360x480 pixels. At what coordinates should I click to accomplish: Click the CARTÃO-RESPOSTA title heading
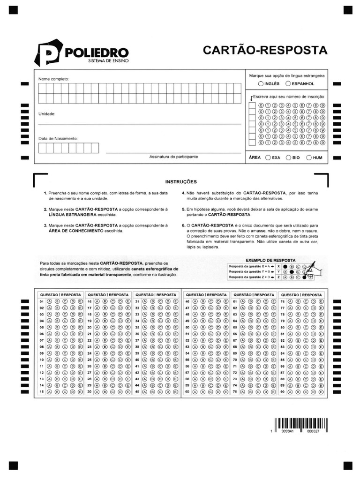pos(265,50)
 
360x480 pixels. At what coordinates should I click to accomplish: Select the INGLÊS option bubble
pos(261,83)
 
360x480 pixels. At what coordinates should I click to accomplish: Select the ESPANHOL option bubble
pos(288,83)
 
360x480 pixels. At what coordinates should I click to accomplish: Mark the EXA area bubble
pos(268,158)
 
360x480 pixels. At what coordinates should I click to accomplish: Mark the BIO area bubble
pos(288,158)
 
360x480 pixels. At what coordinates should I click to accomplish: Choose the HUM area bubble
pos(309,158)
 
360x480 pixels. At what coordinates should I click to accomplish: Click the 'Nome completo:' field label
pos(53,79)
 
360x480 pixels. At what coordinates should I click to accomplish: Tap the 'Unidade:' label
pos(47,114)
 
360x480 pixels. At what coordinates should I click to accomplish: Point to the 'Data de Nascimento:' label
pos(58,138)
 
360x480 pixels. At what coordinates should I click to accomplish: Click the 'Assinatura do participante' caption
pos(173,157)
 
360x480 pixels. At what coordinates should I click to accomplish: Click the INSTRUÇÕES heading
pos(181,182)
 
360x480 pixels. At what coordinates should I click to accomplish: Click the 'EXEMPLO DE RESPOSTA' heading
pos(270,260)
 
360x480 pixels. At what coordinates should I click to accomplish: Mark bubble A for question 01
pos(50,301)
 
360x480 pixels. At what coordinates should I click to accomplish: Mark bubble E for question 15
pos(80,391)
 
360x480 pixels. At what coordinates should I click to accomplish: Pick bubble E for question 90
pos(321,391)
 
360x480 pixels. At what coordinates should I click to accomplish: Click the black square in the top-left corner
pos(13,9)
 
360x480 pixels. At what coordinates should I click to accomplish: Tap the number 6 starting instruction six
pos(183,225)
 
